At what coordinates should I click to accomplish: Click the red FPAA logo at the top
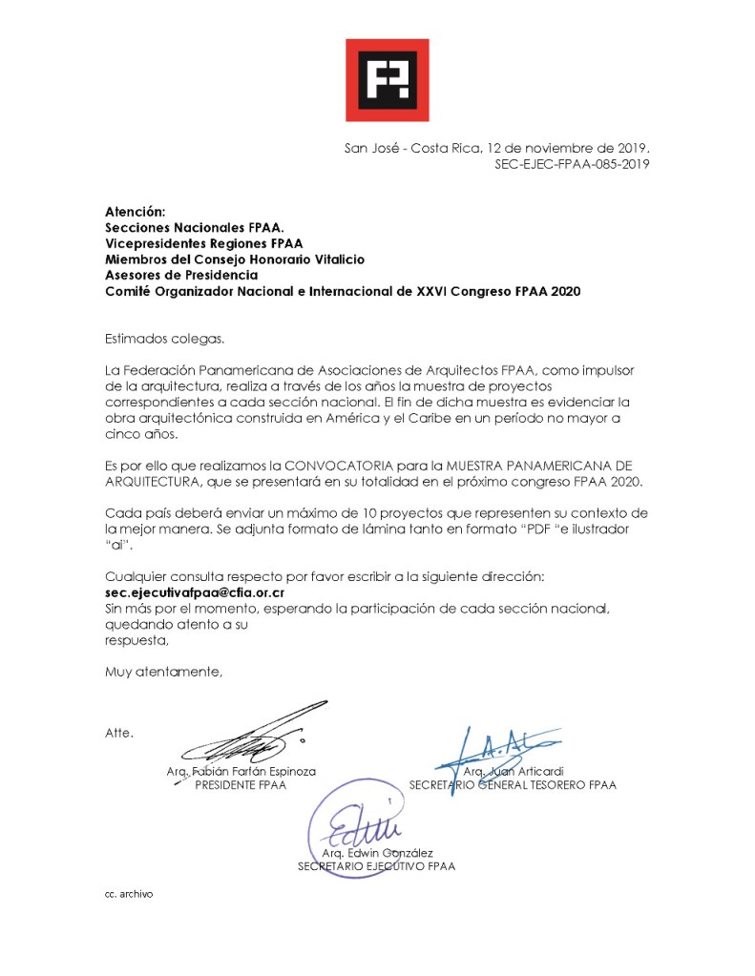387,80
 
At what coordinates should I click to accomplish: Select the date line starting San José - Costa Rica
496,149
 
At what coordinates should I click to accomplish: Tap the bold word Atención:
135,211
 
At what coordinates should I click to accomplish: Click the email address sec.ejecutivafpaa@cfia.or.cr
196,592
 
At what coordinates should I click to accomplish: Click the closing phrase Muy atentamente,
163,672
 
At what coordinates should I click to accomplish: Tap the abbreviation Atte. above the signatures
119,733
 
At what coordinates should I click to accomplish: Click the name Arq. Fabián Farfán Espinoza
241,770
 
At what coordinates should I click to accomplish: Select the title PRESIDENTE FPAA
241,785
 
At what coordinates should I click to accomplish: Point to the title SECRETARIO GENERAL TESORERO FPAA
512,785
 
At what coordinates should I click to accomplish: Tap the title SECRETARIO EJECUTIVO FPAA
377,866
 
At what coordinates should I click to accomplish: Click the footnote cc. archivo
129,894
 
